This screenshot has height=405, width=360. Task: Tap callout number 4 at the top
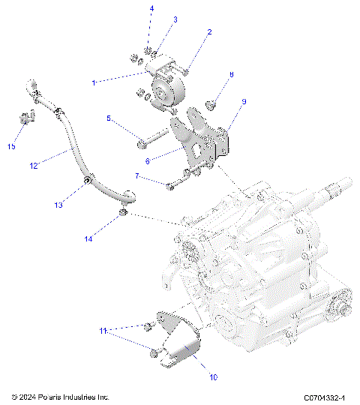point(151,8)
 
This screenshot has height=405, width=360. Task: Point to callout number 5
point(109,118)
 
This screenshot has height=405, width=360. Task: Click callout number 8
point(232,74)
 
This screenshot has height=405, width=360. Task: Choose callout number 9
point(244,101)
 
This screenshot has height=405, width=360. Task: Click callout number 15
point(11,146)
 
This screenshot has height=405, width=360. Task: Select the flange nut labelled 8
point(213,103)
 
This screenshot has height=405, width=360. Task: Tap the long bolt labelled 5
point(157,138)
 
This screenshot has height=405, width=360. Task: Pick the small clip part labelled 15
point(27,118)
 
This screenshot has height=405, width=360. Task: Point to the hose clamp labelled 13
point(88,182)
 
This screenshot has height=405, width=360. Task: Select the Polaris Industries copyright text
point(61,396)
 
